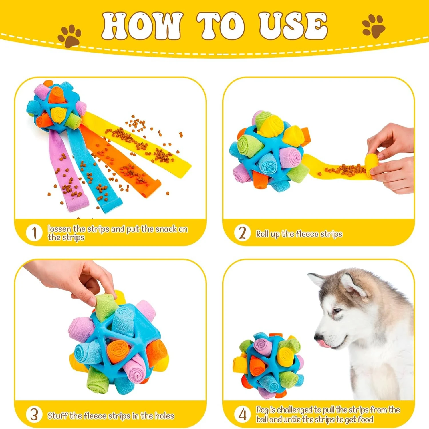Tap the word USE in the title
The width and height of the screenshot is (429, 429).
(293, 26)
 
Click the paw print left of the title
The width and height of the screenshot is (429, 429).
(69, 36)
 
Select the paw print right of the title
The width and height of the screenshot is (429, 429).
(374, 26)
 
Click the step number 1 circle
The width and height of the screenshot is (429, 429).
(34, 233)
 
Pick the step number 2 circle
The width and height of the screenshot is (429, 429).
(242, 233)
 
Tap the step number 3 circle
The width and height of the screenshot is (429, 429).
(34, 414)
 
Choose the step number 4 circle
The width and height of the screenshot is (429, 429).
(242, 414)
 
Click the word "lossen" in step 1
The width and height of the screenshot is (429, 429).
(59, 229)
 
